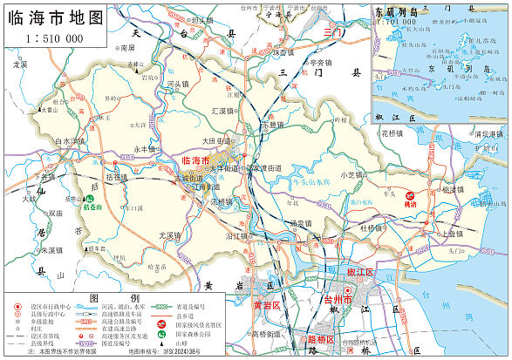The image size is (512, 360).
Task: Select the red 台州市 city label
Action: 338,300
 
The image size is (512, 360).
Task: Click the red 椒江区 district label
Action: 360,273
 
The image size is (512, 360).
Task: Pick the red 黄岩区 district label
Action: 266,306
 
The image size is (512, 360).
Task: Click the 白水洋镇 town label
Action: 70,140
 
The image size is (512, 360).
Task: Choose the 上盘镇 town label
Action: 451,234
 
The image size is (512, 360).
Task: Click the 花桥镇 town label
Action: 392,133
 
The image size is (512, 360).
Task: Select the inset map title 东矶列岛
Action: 396,14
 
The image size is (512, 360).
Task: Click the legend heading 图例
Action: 102,297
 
